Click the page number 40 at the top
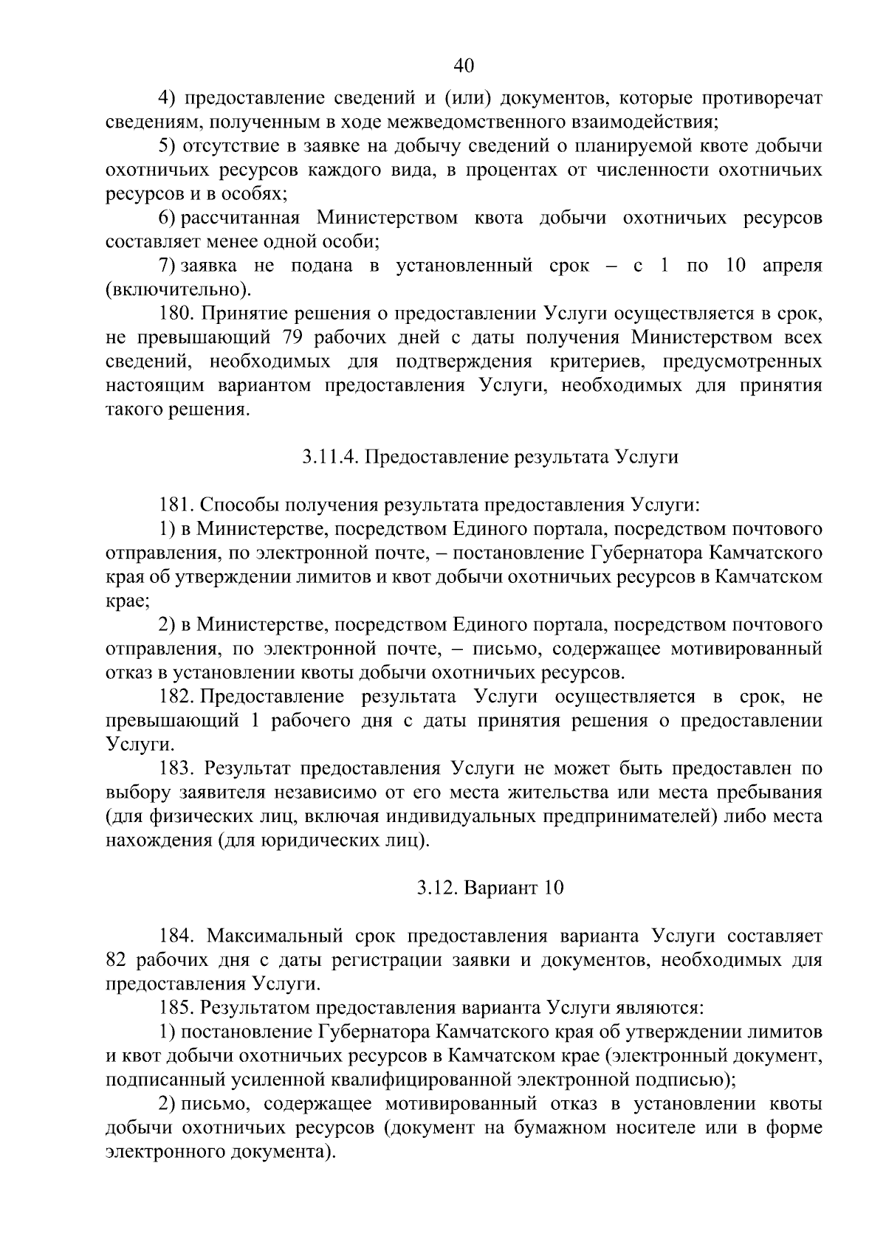463,66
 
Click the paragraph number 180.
176,314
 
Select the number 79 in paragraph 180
295,338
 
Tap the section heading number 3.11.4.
330,457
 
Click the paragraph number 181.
176,505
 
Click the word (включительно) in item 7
179,289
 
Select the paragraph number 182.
176,697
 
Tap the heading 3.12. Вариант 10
490,888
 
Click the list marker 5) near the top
168,146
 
